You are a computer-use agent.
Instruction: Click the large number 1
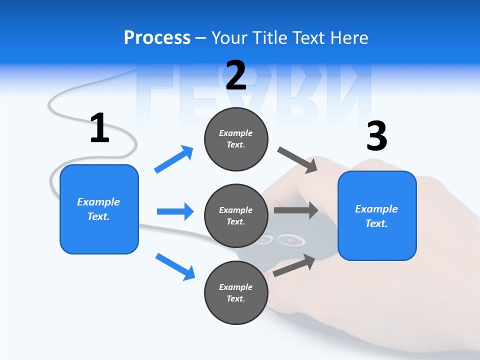pyautogui.click(x=99, y=128)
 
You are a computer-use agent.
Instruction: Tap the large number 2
pyautogui.click(x=236, y=75)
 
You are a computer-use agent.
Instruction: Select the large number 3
pyautogui.click(x=376, y=136)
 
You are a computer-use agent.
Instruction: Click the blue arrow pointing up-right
pyautogui.click(x=174, y=159)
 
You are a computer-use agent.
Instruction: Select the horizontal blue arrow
pyautogui.click(x=175, y=211)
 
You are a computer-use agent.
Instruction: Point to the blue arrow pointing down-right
pyautogui.click(x=175, y=266)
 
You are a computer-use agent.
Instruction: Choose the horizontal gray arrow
pyautogui.click(x=296, y=210)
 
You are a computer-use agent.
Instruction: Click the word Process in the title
pyautogui.click(x=157, y=37)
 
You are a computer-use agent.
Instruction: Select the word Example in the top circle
pyautogui.click(x=236, y=133)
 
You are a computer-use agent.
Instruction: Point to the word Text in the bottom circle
pyautogui.click(x=235, y=298)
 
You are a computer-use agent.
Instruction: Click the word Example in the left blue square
pyautogui.click(x=98, y=202)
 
